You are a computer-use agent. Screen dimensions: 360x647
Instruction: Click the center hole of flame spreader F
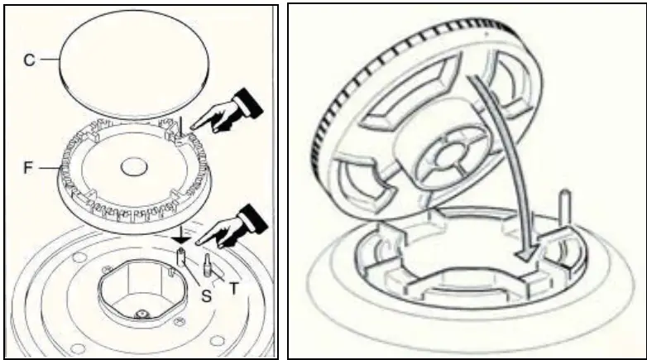coord(132,167)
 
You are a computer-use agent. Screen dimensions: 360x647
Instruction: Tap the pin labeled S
coord(180,264)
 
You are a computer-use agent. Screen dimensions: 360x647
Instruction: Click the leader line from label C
coord(46,60)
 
